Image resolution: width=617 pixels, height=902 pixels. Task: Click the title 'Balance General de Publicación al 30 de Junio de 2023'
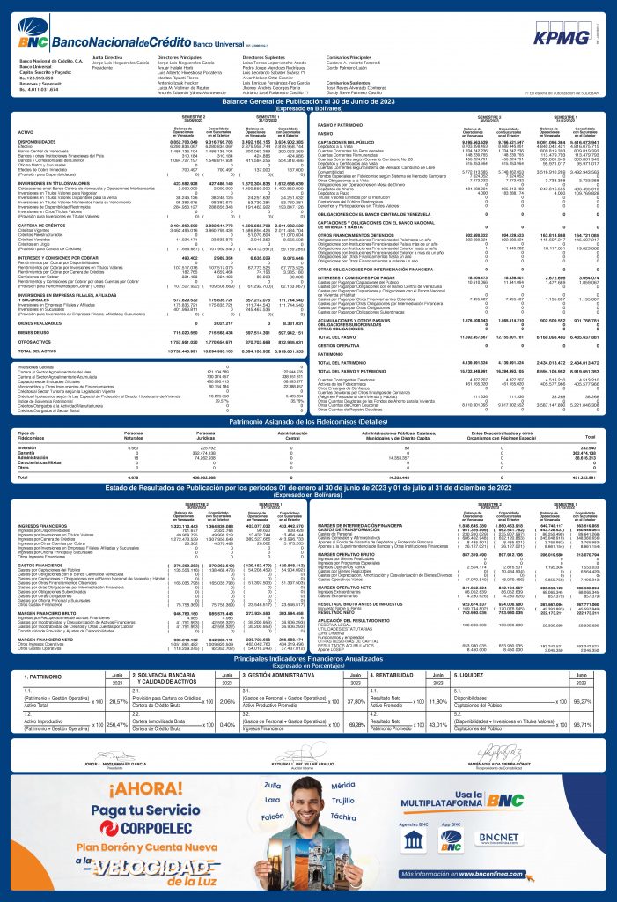pos(308,102)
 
